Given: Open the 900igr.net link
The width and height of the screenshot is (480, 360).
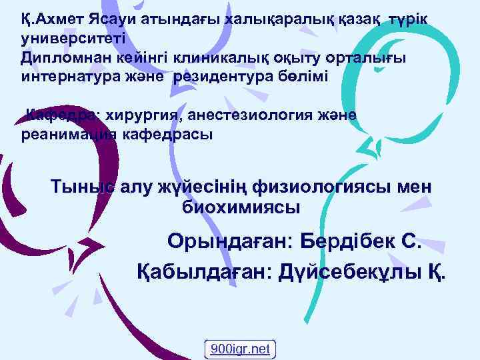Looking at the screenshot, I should (x=240, y=349).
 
